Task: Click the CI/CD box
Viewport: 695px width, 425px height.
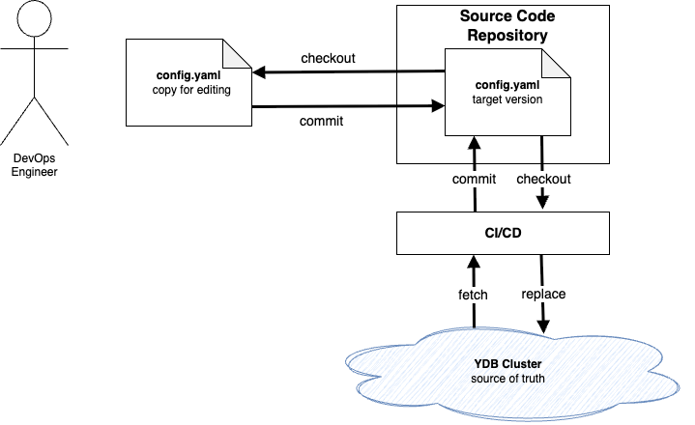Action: pos(504,232)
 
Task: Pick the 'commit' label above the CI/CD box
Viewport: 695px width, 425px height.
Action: pos(474,179)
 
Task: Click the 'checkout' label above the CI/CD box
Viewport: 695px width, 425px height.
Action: pos(543,179)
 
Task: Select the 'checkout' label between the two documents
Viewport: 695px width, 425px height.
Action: pos(328,58)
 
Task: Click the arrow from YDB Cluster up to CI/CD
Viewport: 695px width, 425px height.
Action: pos(474,290)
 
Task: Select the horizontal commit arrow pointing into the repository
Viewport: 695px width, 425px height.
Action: pos(348,106)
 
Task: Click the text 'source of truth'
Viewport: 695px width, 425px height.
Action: pos(507,379)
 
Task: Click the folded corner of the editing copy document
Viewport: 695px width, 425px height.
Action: pos(238,51)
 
